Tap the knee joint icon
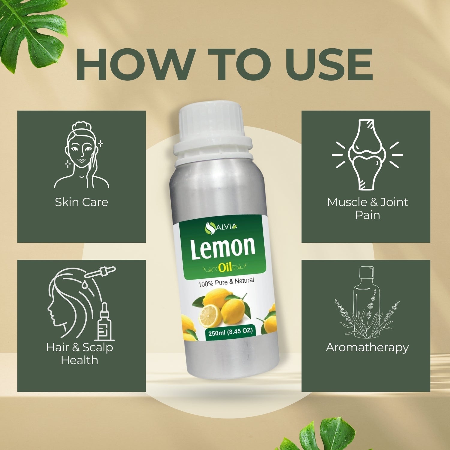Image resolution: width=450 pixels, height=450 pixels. (x=367, y=154)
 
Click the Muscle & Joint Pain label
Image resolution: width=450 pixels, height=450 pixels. (x=367, y=208)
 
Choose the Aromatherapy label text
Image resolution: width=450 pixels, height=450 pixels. (x=367, y=347)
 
